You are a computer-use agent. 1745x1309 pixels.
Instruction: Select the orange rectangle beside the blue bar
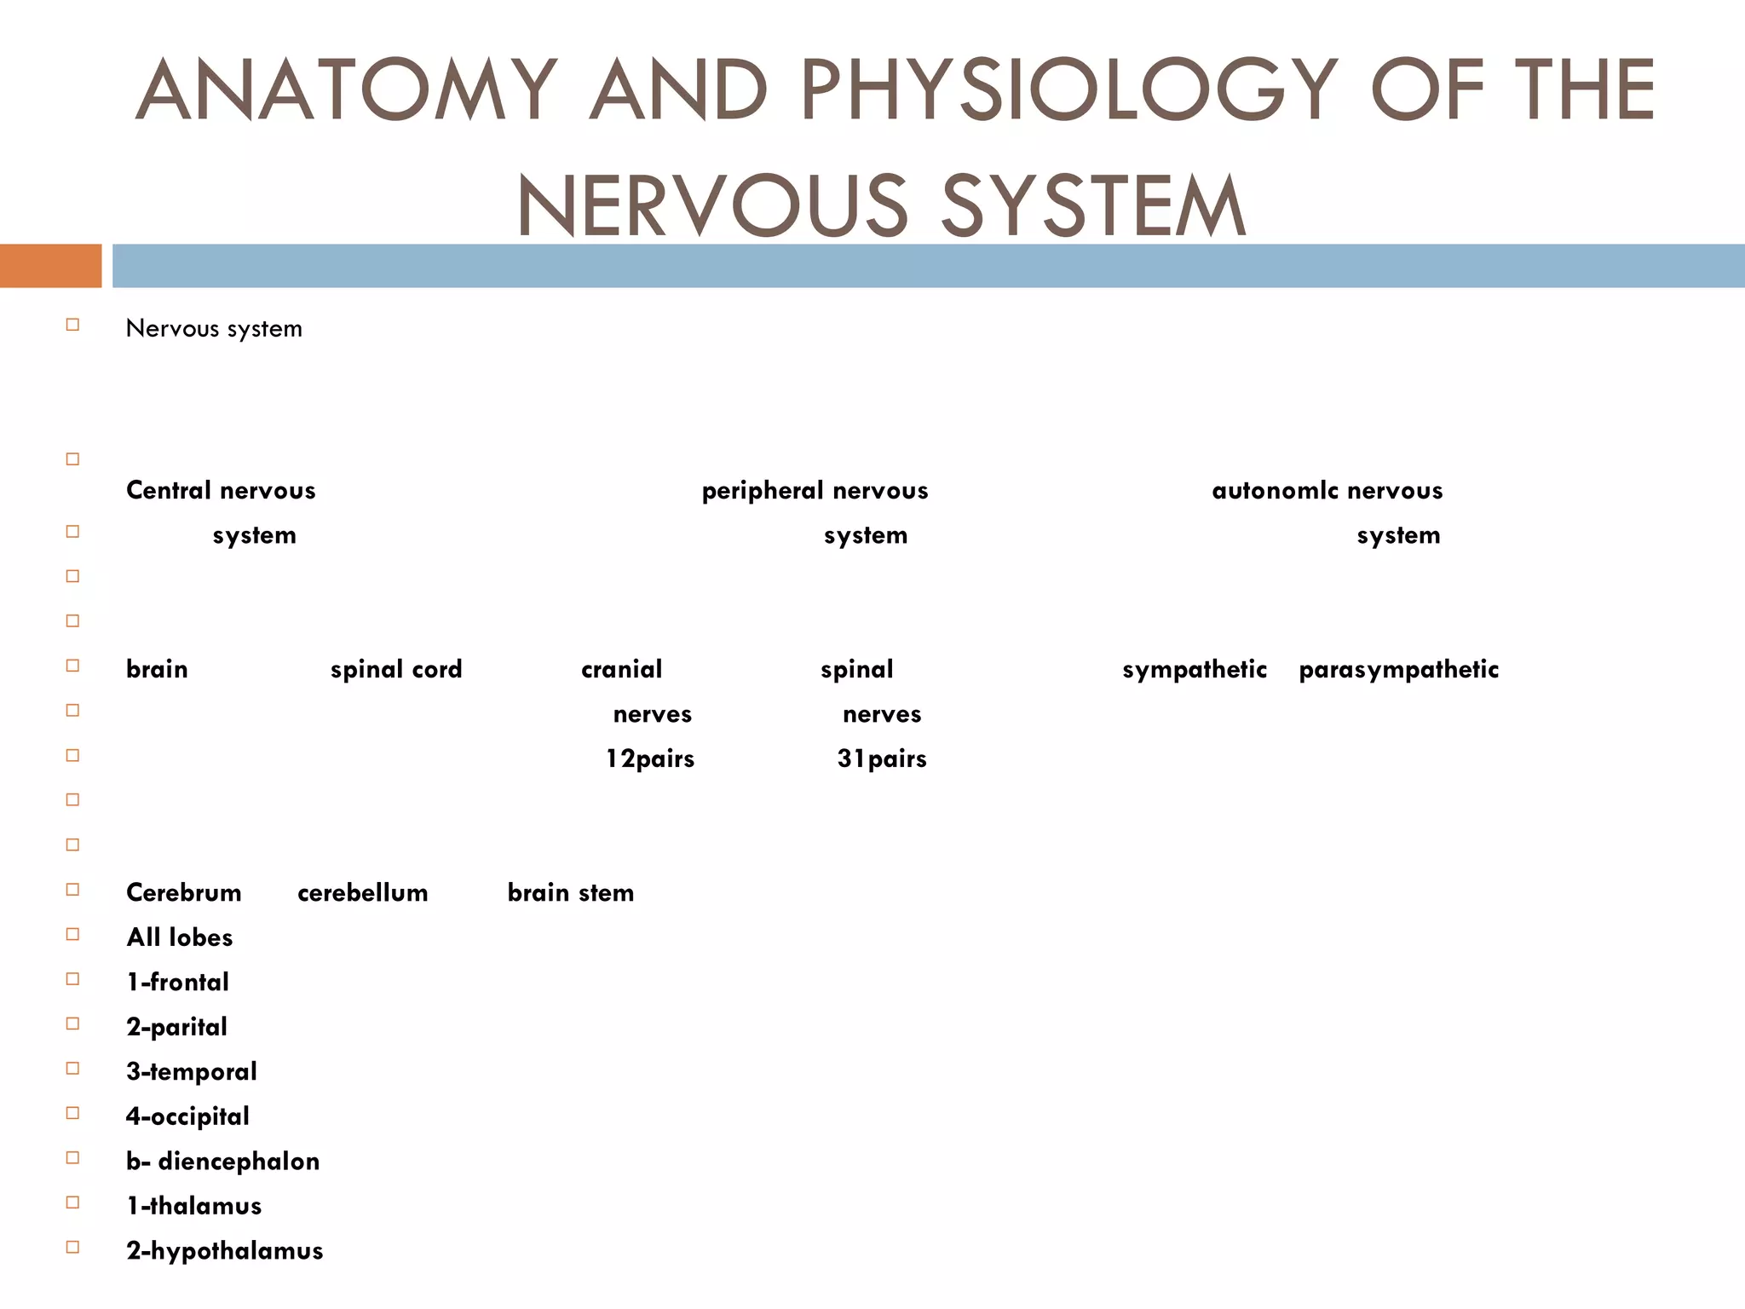[x=50, y=266]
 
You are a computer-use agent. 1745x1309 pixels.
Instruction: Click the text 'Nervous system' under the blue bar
[x=214, y=329]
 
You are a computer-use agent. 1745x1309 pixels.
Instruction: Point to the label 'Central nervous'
[x=221, y=491]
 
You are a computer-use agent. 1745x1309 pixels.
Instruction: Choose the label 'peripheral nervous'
[x=815, y=491]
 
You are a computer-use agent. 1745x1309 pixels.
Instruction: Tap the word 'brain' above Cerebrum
[x=157, y=670]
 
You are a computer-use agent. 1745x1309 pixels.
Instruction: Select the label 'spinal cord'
[x=396, y=670]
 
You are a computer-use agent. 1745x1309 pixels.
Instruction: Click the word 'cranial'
[x=621, y=670]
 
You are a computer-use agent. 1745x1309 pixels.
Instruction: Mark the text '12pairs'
[x=650, y=758]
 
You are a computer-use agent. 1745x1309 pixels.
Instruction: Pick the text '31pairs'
[x=882, y=758]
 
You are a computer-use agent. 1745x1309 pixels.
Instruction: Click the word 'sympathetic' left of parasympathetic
[x=1195, y=670]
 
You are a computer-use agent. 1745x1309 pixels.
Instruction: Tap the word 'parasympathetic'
[x=1398, y=670]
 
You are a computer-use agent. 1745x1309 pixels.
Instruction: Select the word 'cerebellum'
[x=363, y=893]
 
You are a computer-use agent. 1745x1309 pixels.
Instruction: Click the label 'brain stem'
[x=571, y=893]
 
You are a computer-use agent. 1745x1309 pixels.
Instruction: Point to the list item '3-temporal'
[x=192, y=1072]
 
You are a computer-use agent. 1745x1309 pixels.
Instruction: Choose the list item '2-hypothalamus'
[x=225, y=1251]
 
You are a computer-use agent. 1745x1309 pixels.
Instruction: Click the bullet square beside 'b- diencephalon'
[x=72, y=1157]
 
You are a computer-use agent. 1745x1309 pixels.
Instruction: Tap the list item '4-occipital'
[x=188, y=1116]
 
